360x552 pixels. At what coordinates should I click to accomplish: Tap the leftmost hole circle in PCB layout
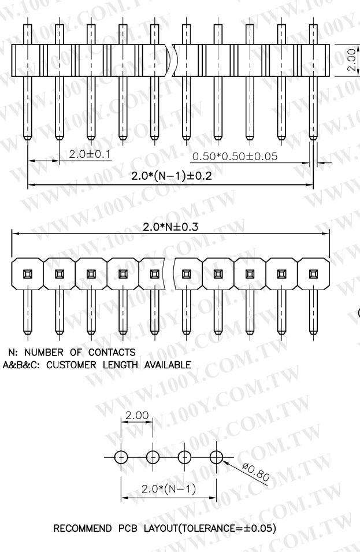coord(120,457)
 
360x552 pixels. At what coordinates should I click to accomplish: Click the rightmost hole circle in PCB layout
coord(216,457)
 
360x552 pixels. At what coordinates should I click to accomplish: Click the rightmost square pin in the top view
coord(313,273)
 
